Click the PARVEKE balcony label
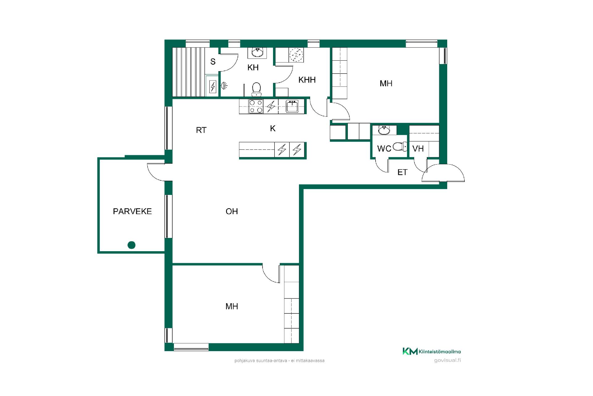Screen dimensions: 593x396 pyautogui.click(x=132, y=211)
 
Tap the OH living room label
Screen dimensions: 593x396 pyautogui.click(x=232, y=211)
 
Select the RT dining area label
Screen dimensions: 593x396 pyautogui.click(x=201, y=130)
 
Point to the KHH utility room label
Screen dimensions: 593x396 pyautogui.click(x=307, y=80)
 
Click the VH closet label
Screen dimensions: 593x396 pyautogui.click(x=418, y=149)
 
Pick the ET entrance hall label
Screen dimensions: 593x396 pyautogui.click(x=402, y=172)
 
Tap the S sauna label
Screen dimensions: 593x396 pyautogui.click(x=213, y=62)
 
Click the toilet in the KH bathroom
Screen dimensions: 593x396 pyautogui.click(x=256, y=89)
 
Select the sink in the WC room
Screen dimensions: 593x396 pyautogui.click(x=384, y=130)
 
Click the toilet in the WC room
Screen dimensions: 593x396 pyautogui.click(x=401, y=147)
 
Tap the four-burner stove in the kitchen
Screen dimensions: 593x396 pyautogui.click(x=256, y=106)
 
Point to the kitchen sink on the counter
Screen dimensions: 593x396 pyautogui.click(x=292, y=106)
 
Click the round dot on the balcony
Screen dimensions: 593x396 pyautogui.click(x=132, y=245)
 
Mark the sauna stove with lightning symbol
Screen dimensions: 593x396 pyautogui.click(x=213, y=87)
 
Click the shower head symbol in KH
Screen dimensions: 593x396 pyautogui.click(x=225, y=85)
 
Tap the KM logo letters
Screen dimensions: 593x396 pyautogui.click(x=410, y=351)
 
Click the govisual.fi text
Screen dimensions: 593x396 pyautogui.click(x=447, y=360)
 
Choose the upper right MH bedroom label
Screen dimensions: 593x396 pyautogui.click(x=386, y=84)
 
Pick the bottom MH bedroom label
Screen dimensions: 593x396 pyautogui.click(x=232, y=306)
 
